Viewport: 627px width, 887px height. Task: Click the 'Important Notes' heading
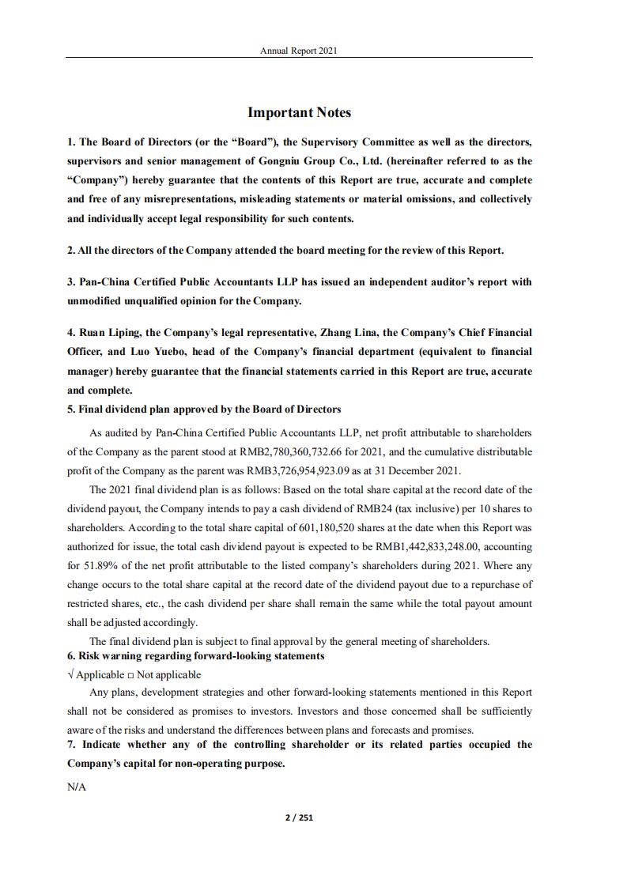pyautogui.click(x=299, y=113)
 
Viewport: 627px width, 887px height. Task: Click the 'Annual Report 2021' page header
pyautogui.click(x=299, y=51)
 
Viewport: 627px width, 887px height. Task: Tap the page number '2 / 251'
pyautogui.click(x=299, y=817)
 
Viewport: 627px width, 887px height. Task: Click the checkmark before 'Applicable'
pyautogui.click(x=71, y=675)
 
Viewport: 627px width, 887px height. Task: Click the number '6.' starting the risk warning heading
pyautogui.click(x=72, y=656)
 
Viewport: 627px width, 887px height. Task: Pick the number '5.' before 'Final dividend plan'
pyautogui.click(x=72, y=410)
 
